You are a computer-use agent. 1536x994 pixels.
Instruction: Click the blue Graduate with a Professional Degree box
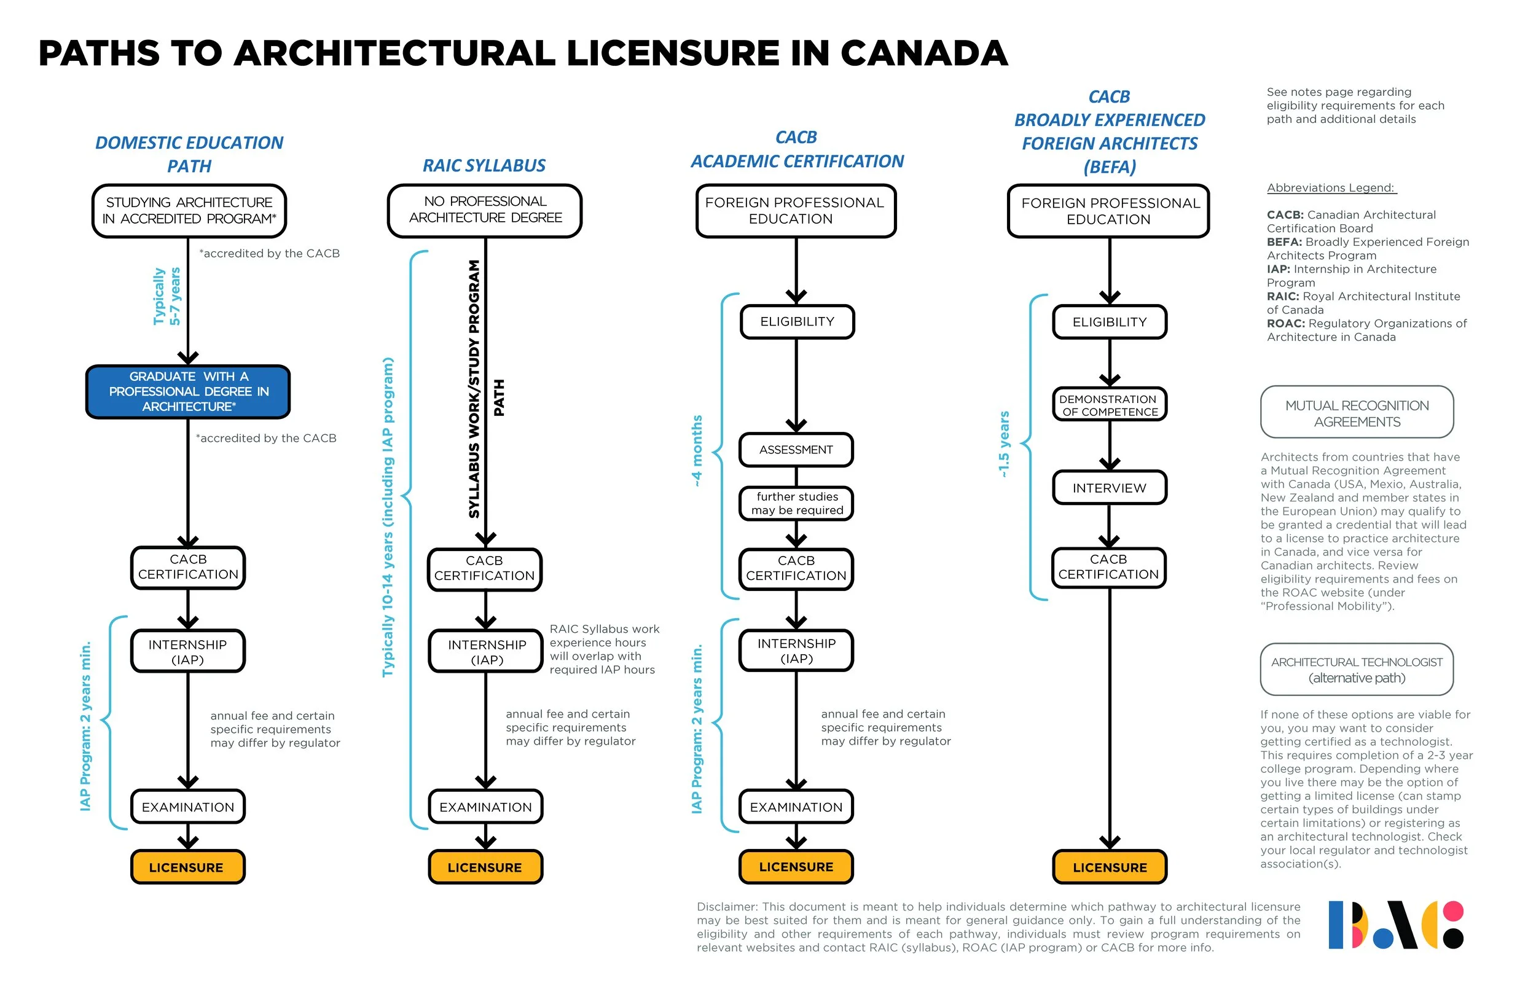pos(188,391)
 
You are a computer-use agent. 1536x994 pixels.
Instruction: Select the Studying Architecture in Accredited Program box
pos(189,211)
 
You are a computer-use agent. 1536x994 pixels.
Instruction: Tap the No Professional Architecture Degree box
pos(485,209)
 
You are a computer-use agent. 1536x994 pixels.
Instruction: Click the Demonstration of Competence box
pos(1110,405)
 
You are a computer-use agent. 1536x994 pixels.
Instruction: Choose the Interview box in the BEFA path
pos(1110,488)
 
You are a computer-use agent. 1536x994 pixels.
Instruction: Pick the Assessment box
pos(796,450)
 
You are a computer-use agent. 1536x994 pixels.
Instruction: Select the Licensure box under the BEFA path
pos(1110,867)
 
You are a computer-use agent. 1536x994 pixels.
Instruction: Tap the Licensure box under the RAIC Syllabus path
pos(485,867)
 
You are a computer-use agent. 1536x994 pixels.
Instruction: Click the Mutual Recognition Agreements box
pos(1357,413)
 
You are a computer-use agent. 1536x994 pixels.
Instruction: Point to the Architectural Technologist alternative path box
pos(1357,670)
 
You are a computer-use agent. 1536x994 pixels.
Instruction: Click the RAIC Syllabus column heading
pos(484,166)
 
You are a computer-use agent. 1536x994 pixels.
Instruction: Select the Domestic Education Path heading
pos(189,154)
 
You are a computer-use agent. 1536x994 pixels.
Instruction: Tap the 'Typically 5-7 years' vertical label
pos(167,296)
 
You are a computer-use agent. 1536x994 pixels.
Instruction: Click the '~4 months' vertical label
pos(697,450)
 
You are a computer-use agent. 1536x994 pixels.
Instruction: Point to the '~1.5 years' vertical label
pos(1004,444)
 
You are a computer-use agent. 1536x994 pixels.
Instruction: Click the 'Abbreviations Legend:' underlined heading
pos(1331,188)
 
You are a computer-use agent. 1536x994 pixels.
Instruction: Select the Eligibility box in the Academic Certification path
pos(797,321)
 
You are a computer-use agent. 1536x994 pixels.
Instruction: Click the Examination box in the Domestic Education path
pos(188,807)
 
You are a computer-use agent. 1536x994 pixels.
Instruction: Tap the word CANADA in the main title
pos(923,53)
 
